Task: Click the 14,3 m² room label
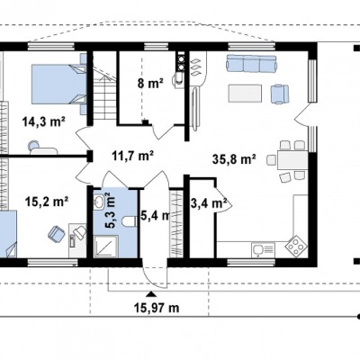click(x=44, y=121)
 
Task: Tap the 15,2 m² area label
click(x=47, y=202)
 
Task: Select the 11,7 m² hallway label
click(x=133, y=156)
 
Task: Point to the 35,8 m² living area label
click(x=234, y=159)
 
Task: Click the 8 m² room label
click(x=150, y=84)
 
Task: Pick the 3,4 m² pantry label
click(x=209, y=203)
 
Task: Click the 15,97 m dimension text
click(x=157, y=308)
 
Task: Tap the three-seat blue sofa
click(x=251, y=63)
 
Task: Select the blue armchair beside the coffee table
click(x=280, y=94)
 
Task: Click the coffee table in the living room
click(x=245, y=94)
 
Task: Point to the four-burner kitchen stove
click(x=296, y=246)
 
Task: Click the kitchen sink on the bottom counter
click(x=264, y=249)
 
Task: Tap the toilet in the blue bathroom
click(x=130, y=221)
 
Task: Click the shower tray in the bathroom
click(x=106, y=247)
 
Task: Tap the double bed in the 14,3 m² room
click(x=58, y=85)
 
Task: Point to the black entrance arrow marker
click(x=151, y=293)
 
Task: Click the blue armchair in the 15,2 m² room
click(x=56, y=234)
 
